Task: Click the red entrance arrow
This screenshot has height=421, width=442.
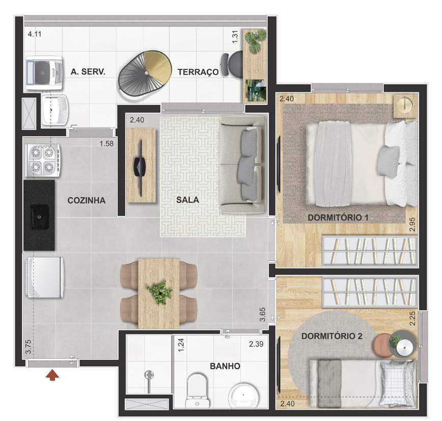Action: coord(52,376)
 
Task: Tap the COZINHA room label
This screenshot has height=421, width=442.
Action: coord(87,200)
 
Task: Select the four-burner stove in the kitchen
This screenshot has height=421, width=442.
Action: coord(43,160)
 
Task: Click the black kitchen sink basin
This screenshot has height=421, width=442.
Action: coord(40,217)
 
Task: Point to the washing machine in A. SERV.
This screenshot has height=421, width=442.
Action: coord(44,73)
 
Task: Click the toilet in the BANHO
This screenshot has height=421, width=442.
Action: coord(198,390)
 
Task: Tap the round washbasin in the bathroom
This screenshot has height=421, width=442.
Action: coord(243,396)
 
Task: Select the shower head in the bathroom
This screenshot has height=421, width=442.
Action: coord(149,375)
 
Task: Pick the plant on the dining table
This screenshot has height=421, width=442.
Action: coord(159,293)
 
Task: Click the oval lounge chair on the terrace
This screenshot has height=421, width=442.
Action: coord(145,74)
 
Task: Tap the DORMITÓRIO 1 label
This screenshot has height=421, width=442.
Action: coord(338,218)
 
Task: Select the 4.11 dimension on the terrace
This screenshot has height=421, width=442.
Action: coord(35,34)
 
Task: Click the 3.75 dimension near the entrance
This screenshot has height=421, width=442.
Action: coord(29,347)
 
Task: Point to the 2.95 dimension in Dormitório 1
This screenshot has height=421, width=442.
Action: coord(412,224)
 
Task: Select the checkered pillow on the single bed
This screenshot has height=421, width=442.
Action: coord(393,383)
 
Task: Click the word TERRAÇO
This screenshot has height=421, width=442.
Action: coord(198,72)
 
